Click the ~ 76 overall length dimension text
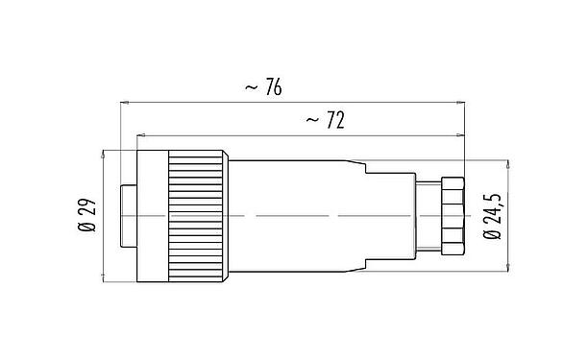coord(263,87)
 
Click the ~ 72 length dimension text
coord(326,121)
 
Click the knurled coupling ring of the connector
coord(198,217)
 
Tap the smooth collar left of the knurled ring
coord(152,217)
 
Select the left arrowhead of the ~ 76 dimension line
coord(122,101)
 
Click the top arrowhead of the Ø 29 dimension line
coord(102,154)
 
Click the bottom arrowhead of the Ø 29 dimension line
coord(102,280)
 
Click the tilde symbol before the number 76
coord(249,88)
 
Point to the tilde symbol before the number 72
coord(311,122)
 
